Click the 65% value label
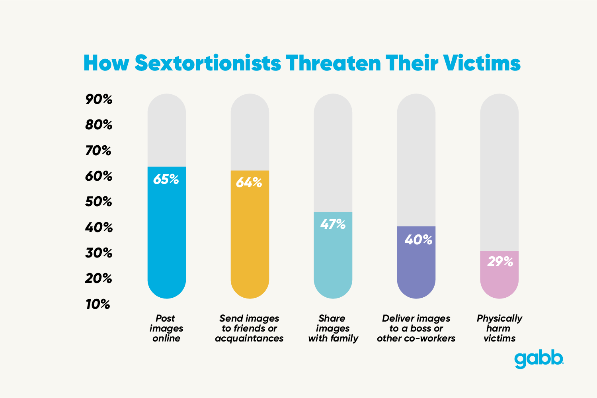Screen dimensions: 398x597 point(166,179)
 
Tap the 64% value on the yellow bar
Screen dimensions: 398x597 point(249,183)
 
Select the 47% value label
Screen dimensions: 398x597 point(333,224)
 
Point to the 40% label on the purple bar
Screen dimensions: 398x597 point(418,240)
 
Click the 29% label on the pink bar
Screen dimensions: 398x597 point(500,262)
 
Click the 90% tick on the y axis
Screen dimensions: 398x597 point(99,99)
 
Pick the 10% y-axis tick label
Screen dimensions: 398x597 point(98,304)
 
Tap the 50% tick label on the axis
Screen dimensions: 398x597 point(98,202)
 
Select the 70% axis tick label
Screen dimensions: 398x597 point(98,151)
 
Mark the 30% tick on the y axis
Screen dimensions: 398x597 point(98,253)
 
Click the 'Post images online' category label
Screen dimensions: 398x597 point(166,328)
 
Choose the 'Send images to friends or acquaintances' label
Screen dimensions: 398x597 point(249,328)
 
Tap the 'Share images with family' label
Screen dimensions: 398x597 point(333,328)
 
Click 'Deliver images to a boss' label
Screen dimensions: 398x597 point(416,328)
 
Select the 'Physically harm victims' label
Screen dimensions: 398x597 point(499,328)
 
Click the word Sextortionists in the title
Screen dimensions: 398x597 point(208,63)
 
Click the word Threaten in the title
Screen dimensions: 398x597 point(333,63)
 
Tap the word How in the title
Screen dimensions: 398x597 point(106,63)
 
